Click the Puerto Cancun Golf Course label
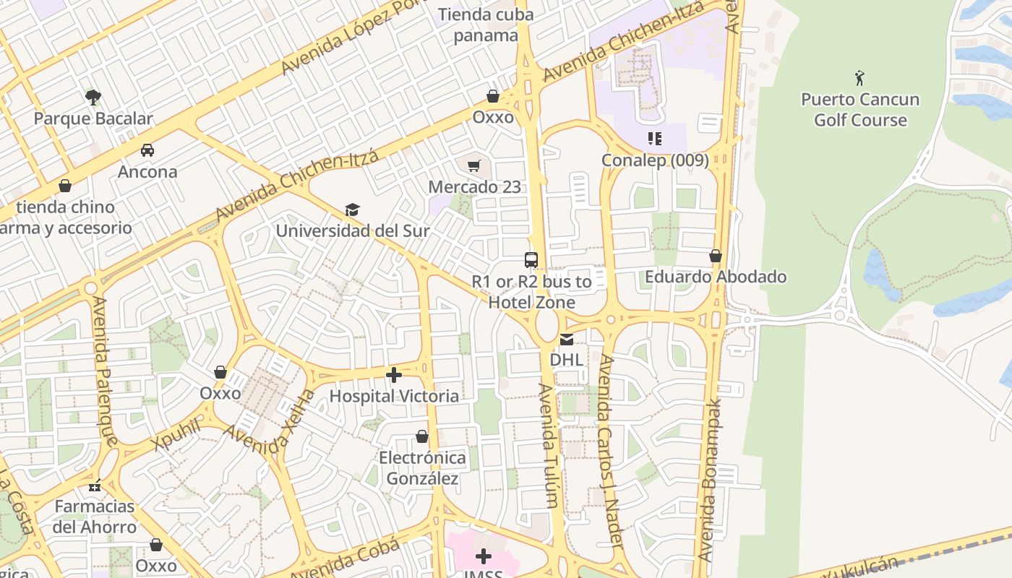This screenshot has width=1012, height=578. tap(860, 110)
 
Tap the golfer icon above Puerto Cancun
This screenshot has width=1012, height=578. tap(859, 78)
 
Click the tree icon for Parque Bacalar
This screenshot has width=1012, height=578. tap(93, 97)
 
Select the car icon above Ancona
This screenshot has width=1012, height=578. tap(147, 150)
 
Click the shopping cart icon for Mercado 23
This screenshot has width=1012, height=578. tap(474, 166)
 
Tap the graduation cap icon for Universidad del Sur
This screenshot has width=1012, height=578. tap(352, 210)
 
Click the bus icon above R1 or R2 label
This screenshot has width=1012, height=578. tap(531, 260)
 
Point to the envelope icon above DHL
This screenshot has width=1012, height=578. tap(567, 340)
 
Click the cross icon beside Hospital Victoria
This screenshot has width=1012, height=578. tap(394, 375)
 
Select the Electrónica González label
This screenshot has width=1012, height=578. tap(423, 468)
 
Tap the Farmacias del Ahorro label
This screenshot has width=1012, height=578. tap(94, 517)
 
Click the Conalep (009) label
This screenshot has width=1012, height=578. tap(655, 160)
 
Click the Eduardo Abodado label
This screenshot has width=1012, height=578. tap(716, 277)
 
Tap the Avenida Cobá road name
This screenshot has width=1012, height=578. tap(345, 560)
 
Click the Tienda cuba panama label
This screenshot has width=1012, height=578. tap(486, 25)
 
